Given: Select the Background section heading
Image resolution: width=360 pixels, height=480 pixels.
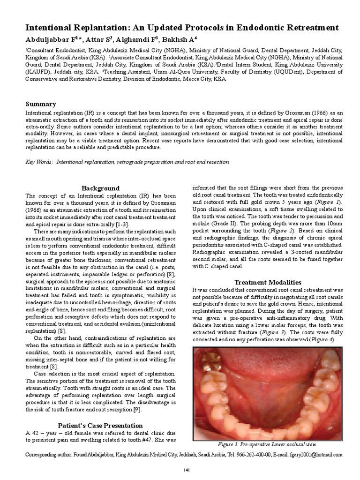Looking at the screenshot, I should click(100, 188).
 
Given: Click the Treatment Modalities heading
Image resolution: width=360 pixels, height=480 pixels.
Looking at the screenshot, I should click(268, 282).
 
